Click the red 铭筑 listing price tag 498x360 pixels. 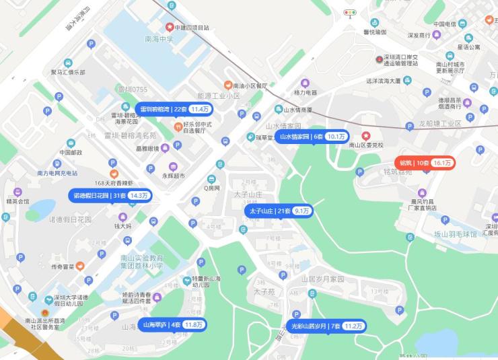[426, 163]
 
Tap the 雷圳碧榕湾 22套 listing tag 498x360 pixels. [173, 108]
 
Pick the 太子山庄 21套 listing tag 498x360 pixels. [279, 211]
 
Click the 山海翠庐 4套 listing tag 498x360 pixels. [172, 325]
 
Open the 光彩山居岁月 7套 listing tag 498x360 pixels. [326, 326]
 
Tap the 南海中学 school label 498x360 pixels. [159, 39]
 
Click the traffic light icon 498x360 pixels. [350, 12]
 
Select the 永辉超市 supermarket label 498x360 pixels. [173, 176]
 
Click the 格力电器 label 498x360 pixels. [306, 92]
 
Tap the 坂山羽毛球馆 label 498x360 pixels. [454, 234]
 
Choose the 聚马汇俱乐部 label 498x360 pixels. [68, 72]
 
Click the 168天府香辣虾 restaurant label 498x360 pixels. [114, 182]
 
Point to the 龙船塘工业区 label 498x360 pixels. [440, 124]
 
